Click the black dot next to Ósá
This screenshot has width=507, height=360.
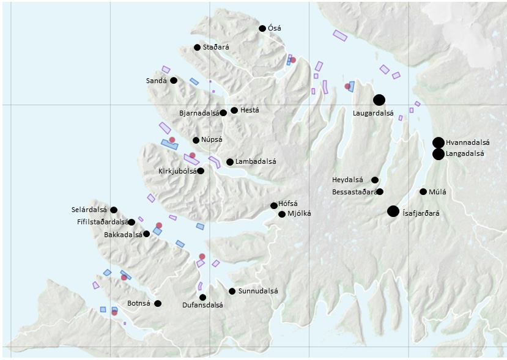coord(262,28)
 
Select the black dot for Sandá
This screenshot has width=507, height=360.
coord(174,80)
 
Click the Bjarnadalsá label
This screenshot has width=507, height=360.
coord(199,113)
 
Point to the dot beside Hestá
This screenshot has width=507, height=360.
coord(234,110)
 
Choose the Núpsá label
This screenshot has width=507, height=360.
coord(212,140)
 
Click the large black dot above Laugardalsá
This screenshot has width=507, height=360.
coord(379,100)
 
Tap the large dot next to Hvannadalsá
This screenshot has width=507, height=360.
coord(438,142)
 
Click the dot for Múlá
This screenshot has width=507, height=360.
coord(423,192)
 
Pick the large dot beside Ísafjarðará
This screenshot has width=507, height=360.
coord(393,211)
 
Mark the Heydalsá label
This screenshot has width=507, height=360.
coord(347,180)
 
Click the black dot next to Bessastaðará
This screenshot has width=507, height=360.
coord(380,192)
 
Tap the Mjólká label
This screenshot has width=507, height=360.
coord(299,214)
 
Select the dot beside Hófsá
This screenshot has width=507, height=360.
coord(274,205)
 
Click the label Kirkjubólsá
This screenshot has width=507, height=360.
coord(177,171)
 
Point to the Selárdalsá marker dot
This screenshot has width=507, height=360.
coord(114,210)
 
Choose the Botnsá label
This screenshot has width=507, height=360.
coord(138,304)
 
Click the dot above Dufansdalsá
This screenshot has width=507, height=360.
coord(202,297)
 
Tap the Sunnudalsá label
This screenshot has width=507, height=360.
coord(258,292)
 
